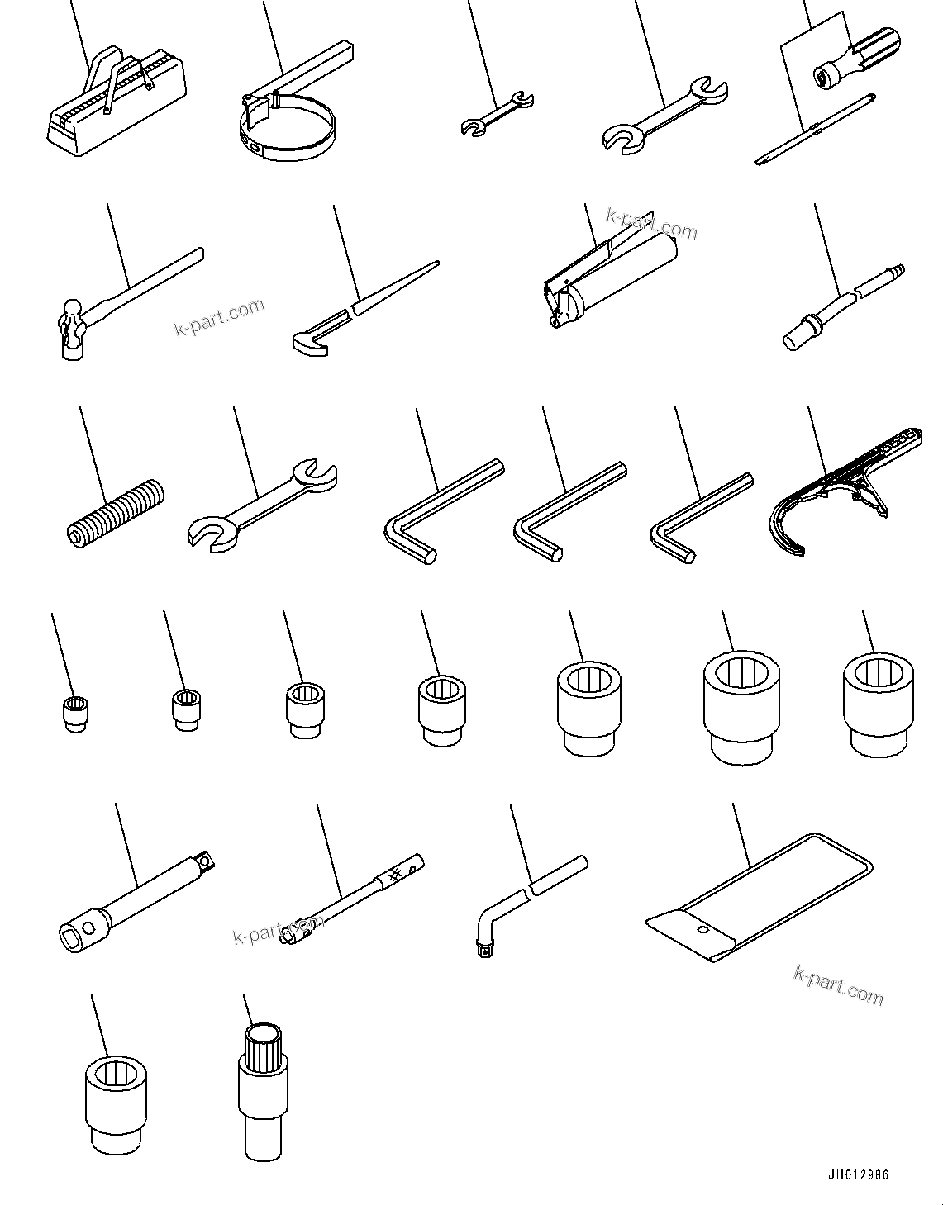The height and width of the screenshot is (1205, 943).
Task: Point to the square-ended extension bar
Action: coord(136,904)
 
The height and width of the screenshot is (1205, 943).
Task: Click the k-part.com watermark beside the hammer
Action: coord(220,317)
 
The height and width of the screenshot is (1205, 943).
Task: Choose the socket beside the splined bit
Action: coord(117,1102)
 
